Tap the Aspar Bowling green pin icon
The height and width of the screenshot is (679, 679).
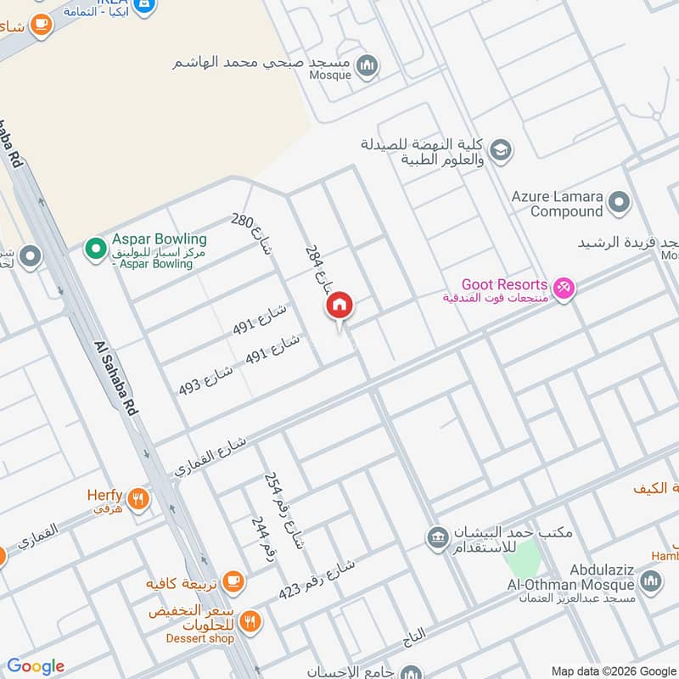point(96,250)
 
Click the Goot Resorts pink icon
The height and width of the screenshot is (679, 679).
point(564,289)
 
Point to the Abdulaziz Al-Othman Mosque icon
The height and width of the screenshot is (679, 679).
point(651,581)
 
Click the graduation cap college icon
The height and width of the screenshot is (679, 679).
point(501,149)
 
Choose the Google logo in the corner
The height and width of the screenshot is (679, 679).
point(36,666)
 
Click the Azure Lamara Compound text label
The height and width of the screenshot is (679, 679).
point(557,204)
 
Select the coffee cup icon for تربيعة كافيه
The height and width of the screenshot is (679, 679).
point(233,583)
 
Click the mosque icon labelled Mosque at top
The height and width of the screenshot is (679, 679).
point(367,65)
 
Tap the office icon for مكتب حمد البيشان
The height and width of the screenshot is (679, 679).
point(438,538)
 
